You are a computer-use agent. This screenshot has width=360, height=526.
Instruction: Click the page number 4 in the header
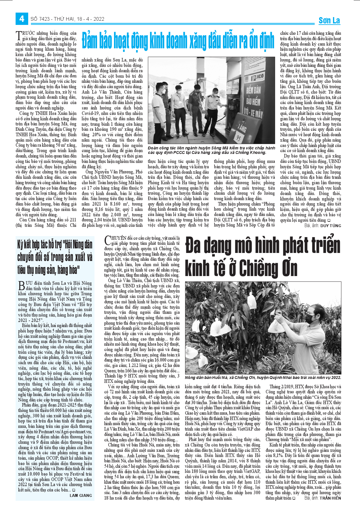pos(22,19)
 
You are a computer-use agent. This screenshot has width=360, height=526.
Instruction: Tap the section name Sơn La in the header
pos(329,20)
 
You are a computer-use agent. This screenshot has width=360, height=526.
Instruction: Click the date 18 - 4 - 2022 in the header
pos(90,19)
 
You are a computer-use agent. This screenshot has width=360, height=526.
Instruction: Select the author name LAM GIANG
pos(81,495)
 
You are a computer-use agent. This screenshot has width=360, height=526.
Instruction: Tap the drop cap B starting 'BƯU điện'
pos(21,285)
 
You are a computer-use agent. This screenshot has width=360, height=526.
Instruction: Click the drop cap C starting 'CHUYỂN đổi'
pos(108,240)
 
